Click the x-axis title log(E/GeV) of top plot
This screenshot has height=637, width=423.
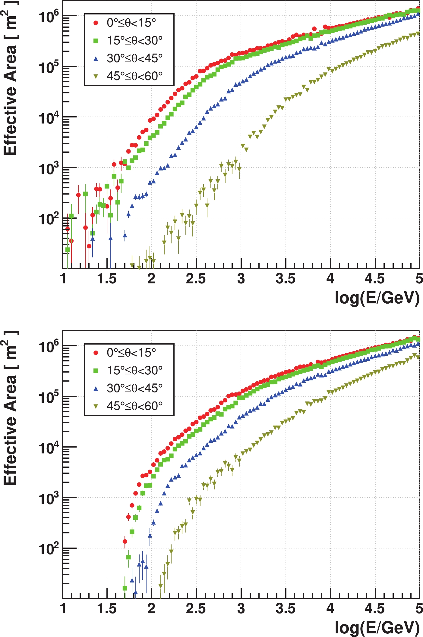point(377,298)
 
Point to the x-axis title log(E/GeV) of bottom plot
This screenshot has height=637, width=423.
point(377,628)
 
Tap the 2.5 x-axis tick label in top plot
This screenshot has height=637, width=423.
point(196,279)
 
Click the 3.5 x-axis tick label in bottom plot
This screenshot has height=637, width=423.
point(285,609)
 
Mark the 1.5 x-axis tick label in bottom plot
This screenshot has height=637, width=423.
point(107,609)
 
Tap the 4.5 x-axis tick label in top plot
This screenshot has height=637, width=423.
point(374,279)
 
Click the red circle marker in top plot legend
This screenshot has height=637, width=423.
point(96,23)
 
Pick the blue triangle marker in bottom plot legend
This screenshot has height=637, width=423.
point(96,389)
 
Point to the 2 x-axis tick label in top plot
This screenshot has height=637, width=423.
point(151,279)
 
